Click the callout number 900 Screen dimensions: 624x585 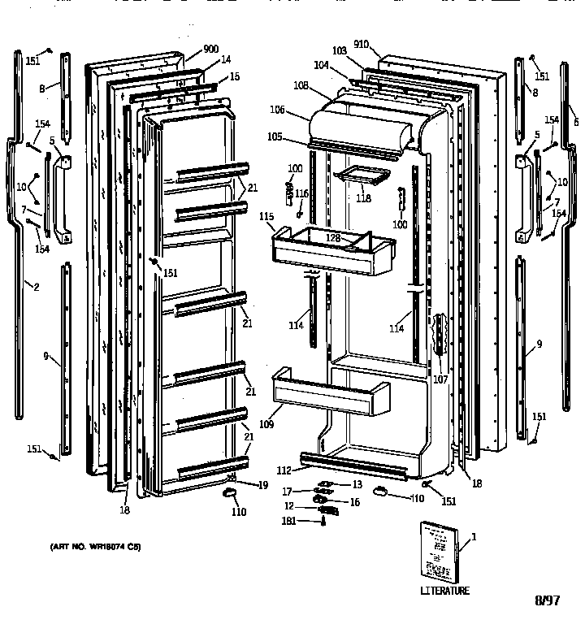(x=211, y=49)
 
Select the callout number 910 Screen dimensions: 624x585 (x=361, y=46)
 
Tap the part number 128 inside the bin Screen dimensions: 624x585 (x=333, y=238)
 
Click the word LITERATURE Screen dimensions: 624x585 (x=444, y=591)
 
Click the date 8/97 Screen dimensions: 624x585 (x=548, y=602)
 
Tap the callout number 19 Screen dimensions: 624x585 (x=263, y=485)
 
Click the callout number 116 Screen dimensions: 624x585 (x=302, y=193)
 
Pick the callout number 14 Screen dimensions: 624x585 (x=225, y=60)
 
